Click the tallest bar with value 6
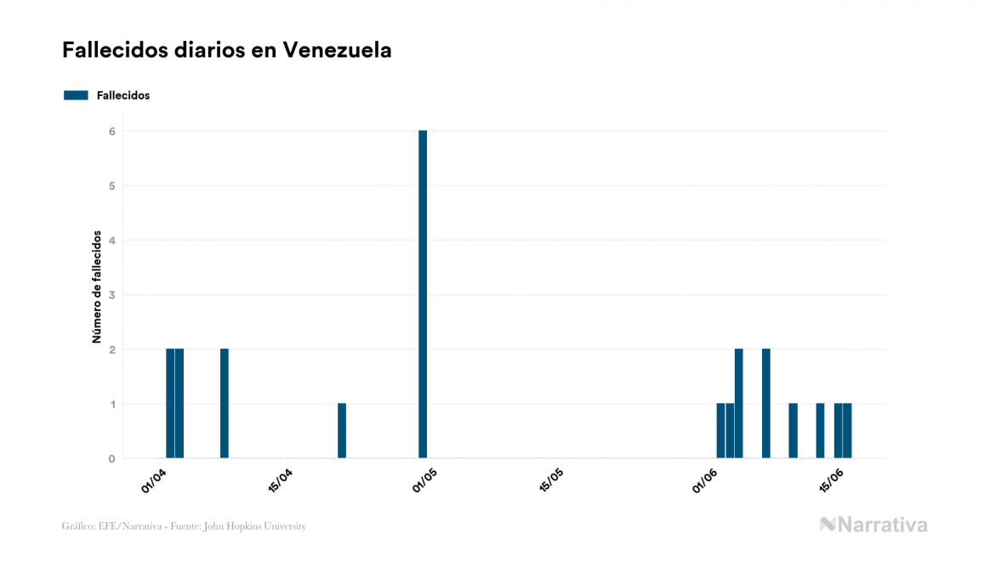point(423,294)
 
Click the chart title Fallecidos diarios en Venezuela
point(227,50)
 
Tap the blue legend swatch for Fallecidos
point(76,95)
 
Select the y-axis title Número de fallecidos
point(97,286)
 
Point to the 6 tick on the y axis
point(111,131)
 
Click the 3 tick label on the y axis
point(111,295)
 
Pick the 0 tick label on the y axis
point(111,459)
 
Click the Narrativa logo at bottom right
point(873,525)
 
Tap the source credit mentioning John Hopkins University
point(184,526)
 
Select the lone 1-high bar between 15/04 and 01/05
point(342,431)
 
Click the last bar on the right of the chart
point(847,431)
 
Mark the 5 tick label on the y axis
point(111,185)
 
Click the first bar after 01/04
point(170,404)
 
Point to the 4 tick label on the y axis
point(111,241)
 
